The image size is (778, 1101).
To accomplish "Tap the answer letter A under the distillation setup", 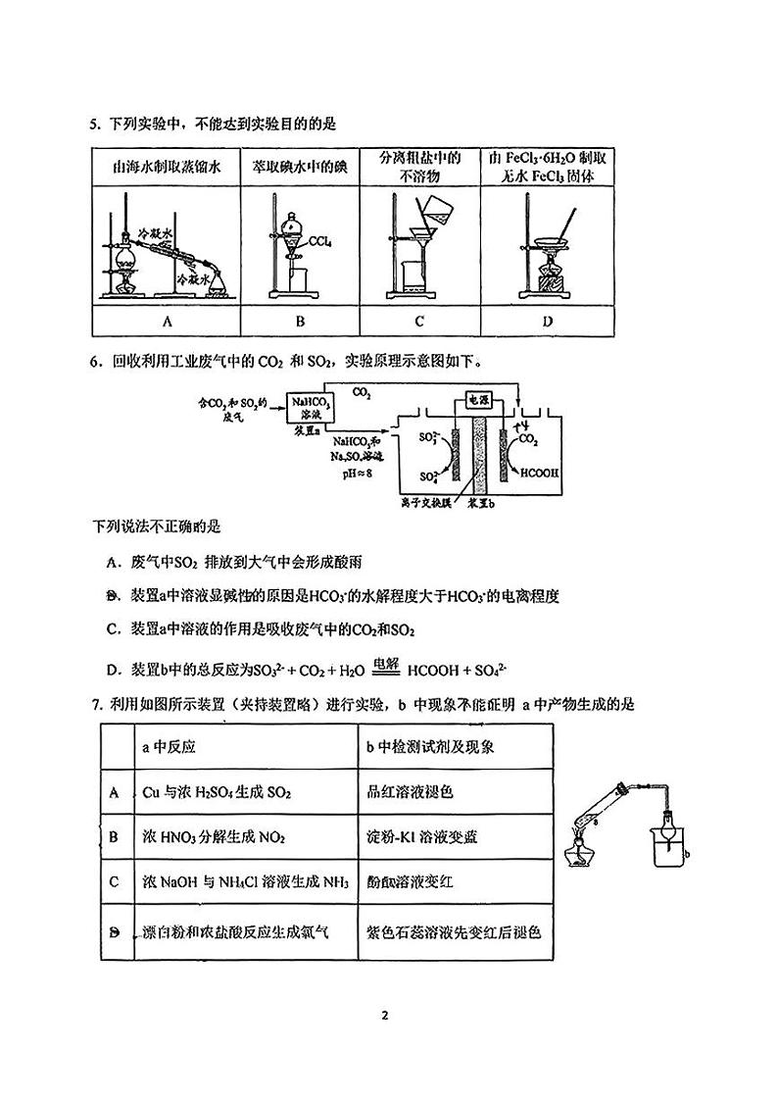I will [x=168, y=322].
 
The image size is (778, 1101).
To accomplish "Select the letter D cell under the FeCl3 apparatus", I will [x=547, y=322].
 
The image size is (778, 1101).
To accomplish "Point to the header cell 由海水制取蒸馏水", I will [x=167, y=167].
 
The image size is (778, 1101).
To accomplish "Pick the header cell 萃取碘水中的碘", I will [x=301, y=167].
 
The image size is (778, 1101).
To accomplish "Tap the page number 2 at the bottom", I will [x=386, y=1015].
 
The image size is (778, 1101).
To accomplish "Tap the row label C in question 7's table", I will [x=115, y=881].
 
